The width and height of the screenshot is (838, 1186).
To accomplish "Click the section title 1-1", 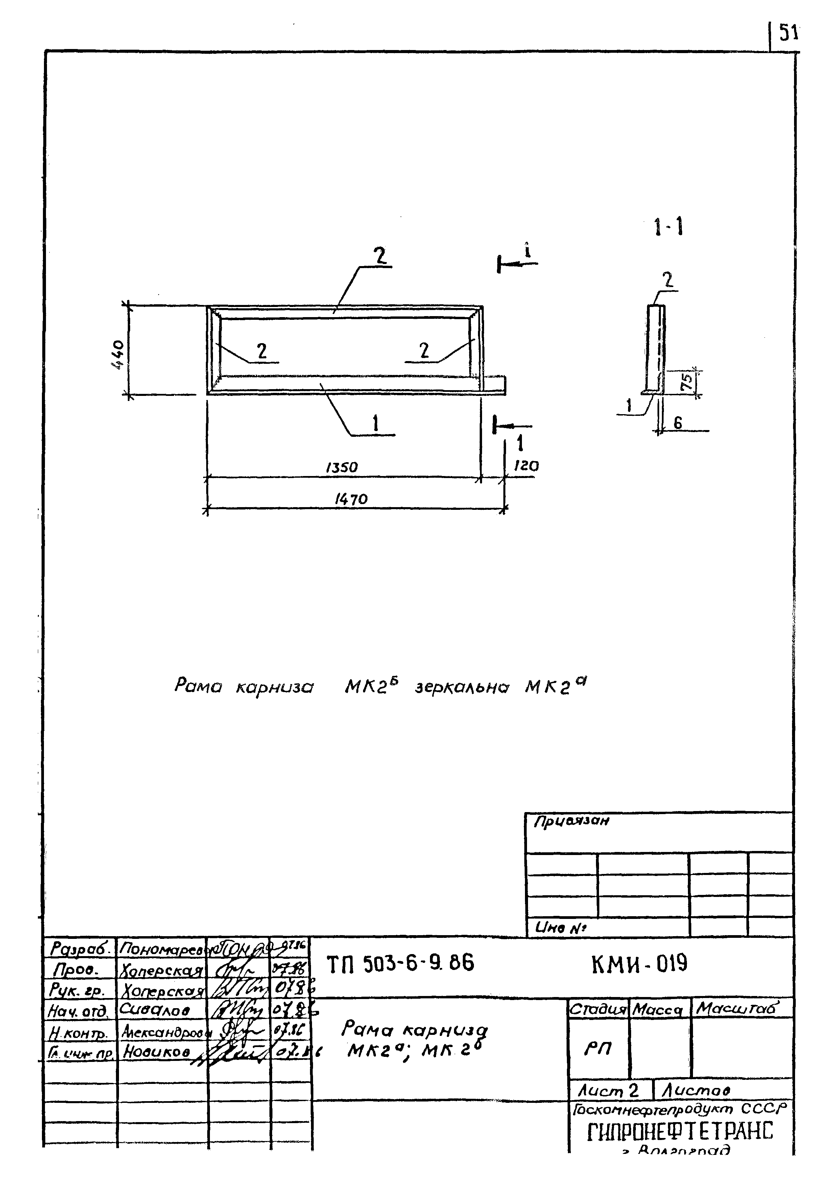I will [669, 227].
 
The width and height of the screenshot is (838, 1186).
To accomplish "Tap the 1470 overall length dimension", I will [351, 499].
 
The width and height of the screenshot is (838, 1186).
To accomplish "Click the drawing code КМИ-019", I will [639, 963].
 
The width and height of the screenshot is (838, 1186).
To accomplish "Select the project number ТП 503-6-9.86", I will [400, 963].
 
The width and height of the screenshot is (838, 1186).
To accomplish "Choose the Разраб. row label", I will [80, 948].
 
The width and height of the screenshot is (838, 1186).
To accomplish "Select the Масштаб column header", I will [736, 1008].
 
